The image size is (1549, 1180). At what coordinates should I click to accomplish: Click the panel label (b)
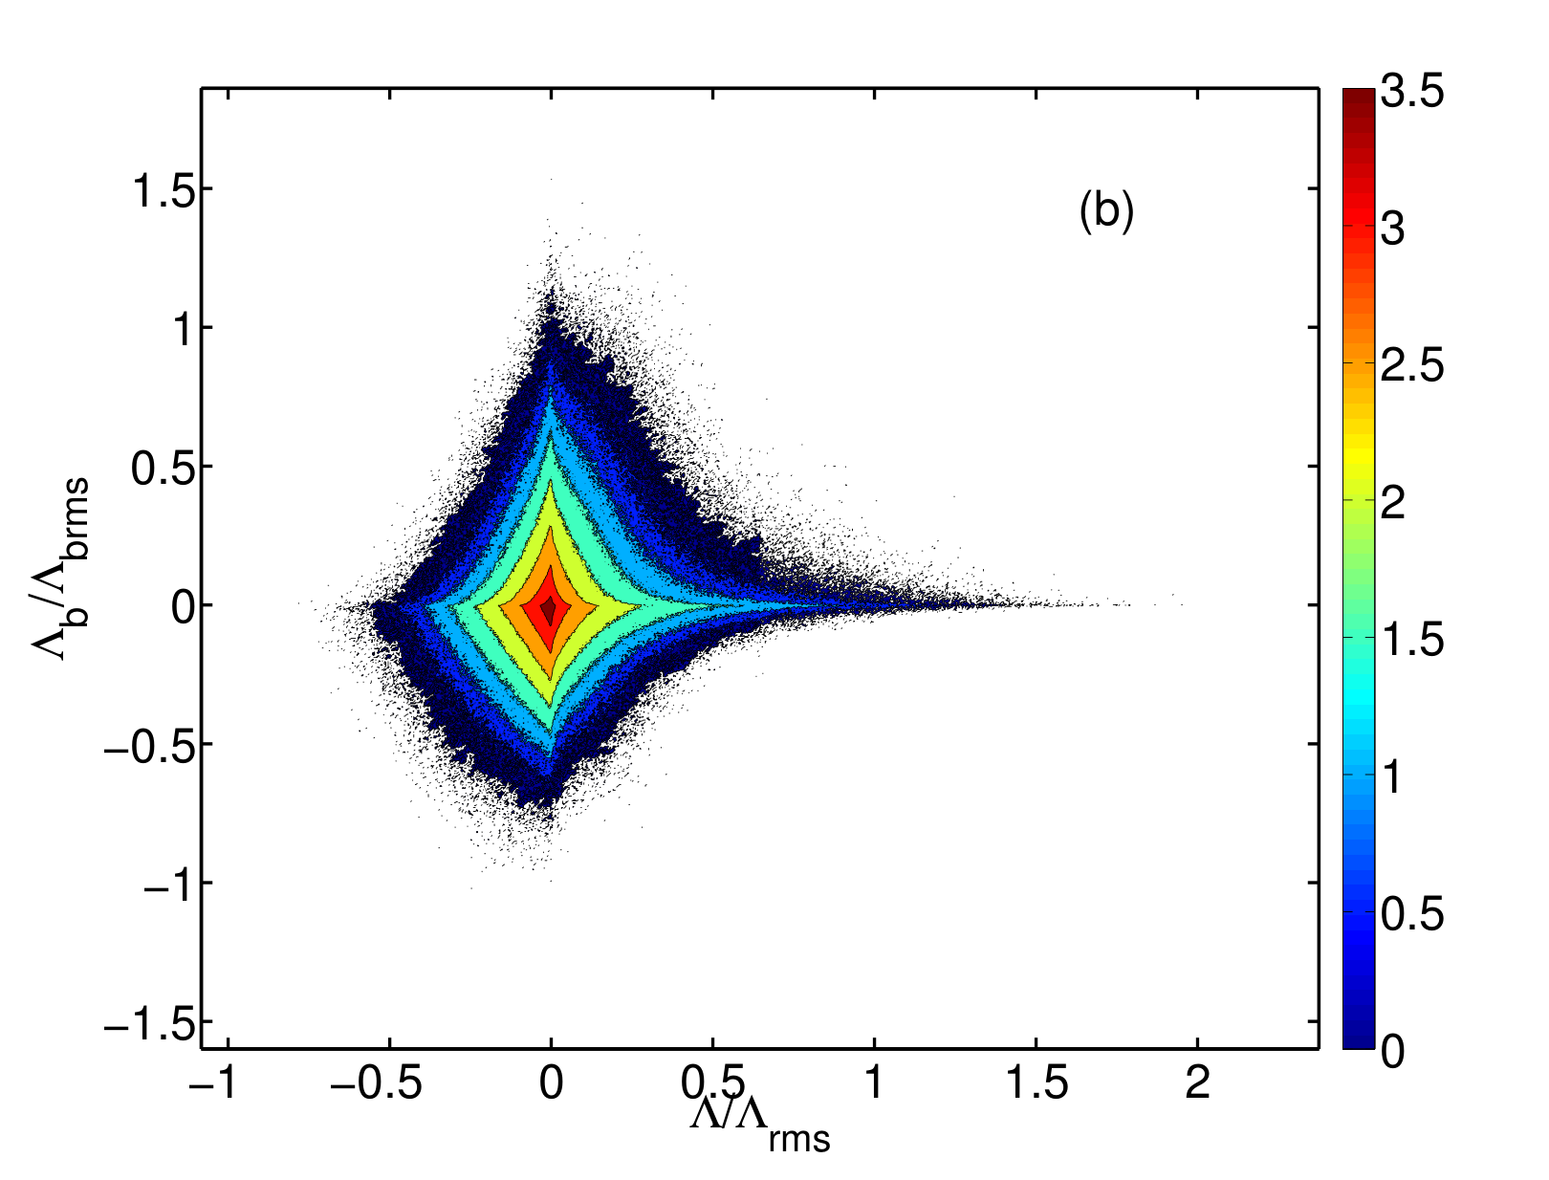point(1106,210)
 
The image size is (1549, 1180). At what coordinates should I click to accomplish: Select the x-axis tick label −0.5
point(376,1081)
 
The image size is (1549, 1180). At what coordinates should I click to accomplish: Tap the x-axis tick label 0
point(551,1081)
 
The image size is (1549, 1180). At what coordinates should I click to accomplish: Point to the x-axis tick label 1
point(874,1081)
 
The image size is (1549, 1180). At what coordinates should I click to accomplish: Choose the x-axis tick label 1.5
point(1036,1081)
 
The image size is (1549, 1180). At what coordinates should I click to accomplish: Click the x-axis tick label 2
point(1197,1081)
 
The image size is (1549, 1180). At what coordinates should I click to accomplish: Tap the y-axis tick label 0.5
point(164,467)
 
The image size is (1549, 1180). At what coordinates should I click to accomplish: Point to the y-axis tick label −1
point(169,883)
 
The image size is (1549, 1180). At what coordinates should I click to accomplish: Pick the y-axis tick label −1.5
point(149,1022)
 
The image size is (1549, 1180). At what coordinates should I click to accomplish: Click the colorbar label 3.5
point(1412,92)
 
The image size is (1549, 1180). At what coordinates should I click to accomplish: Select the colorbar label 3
point(1393,229)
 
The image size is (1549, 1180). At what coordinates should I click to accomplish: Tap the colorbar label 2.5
point(1412,365)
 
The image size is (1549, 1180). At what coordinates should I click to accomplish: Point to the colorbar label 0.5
point(1412,913)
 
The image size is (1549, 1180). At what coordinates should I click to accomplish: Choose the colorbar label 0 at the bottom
point(1393,1051)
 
